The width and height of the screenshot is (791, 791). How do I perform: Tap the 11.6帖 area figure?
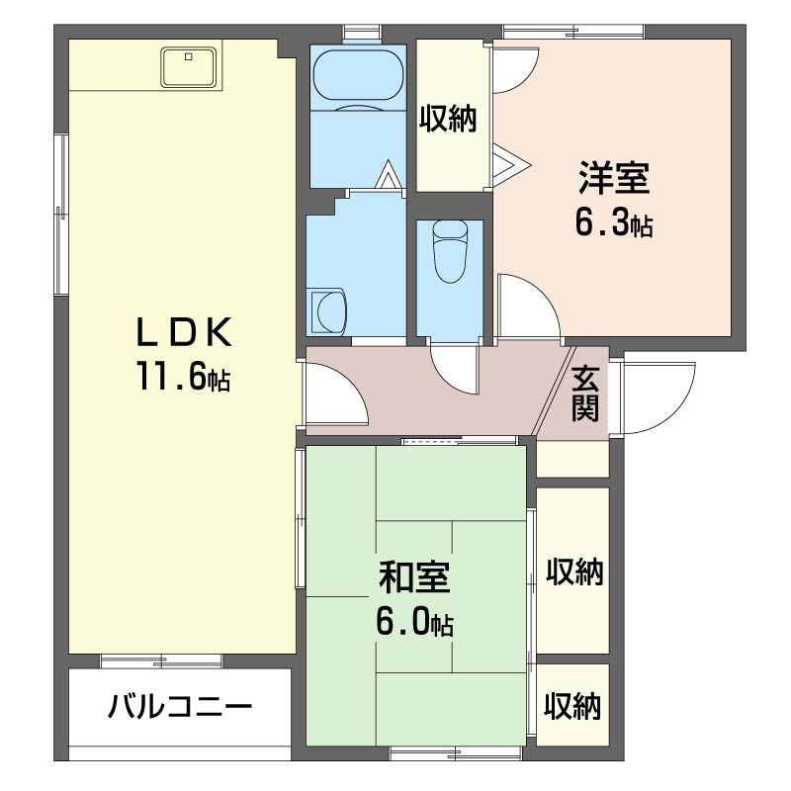[183, 377]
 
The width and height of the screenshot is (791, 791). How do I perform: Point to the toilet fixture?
[450, 251]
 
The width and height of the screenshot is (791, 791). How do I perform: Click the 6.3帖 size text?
[613, 223]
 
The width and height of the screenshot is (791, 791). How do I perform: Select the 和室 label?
[414, 576]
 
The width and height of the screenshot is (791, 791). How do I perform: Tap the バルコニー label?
[181, 708]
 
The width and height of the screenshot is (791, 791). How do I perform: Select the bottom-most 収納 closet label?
[572, 706]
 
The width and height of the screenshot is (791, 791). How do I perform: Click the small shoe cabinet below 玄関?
[572, 460]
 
